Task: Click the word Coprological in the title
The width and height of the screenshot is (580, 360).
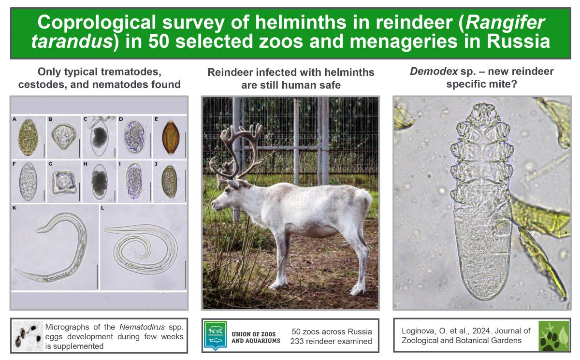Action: [x=96, y=23]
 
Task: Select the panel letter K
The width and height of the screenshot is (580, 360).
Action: [x=14, y=208]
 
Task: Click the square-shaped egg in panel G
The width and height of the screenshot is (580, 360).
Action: [x=64, y=183]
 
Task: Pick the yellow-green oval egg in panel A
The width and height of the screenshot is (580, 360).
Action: [x=28, y=137]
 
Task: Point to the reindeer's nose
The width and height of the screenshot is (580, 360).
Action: [x=213, y=204]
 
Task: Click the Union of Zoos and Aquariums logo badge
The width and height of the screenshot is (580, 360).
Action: [x=215, y=335]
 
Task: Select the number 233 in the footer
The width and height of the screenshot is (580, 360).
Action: [x=297, y=341]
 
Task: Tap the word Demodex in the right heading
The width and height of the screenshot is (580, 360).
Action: [x=434, y=72]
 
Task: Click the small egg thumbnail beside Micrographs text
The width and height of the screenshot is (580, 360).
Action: [x=28, y=336]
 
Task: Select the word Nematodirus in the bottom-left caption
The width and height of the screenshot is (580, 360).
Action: [x=142, y=327]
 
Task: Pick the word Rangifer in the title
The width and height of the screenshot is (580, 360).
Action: [x=506, y=23]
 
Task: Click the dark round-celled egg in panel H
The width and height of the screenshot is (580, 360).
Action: [x=100, y=182]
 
